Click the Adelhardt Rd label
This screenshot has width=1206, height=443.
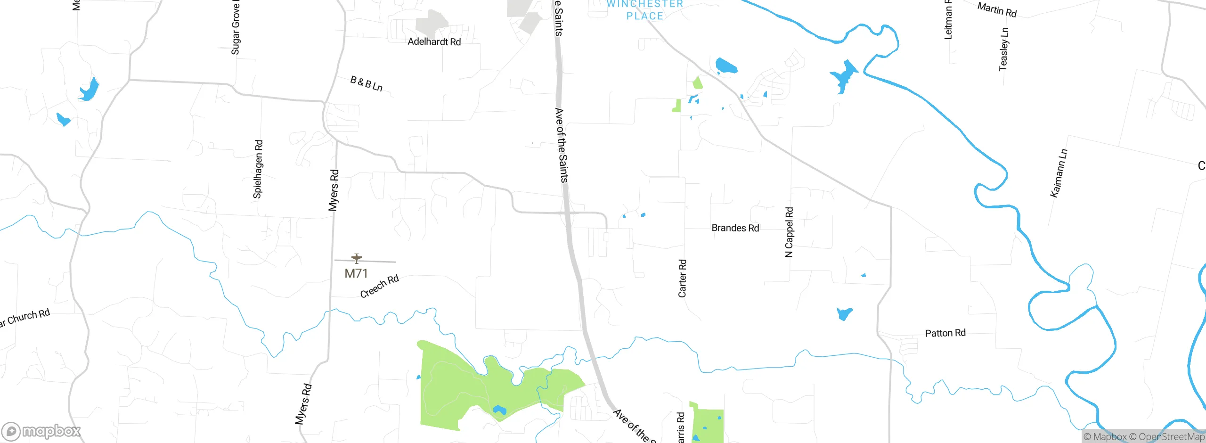[434, 42]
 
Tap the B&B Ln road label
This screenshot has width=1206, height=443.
[366, 84]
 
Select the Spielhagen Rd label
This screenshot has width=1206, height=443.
[258, 169]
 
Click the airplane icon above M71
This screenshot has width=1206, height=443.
[357, 258]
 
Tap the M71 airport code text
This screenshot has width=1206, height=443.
[356, 273]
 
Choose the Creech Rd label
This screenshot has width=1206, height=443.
[379, 286]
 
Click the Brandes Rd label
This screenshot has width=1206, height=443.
[735, 228]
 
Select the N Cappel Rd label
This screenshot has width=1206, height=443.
[789, 232]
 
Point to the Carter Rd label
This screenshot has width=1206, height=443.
[682, 278]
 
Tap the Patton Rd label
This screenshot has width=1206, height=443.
[945, 333]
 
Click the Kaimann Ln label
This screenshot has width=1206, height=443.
[1059, 173]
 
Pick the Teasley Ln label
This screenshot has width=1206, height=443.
[1003, 49]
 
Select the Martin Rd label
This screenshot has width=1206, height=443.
[997, 9]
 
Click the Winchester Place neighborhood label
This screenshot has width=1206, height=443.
[645, 10]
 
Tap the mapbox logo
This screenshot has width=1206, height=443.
[41, 431]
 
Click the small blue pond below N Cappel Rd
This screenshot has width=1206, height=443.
[844, 313]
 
